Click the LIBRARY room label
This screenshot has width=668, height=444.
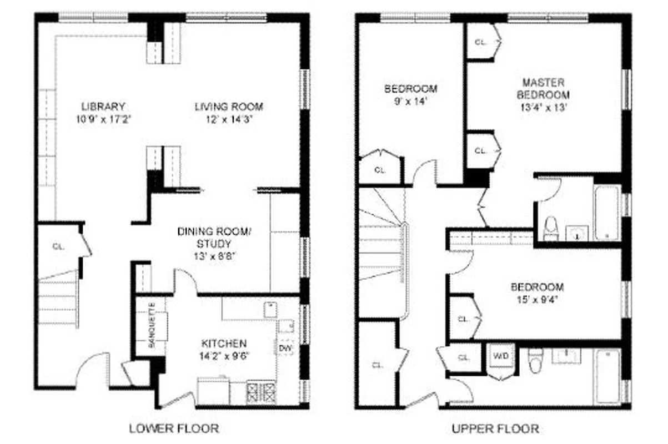point(103,106)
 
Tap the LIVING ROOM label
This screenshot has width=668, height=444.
point(228,106)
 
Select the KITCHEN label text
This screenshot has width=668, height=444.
point(224,344)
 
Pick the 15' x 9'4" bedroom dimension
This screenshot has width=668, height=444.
point(536,301)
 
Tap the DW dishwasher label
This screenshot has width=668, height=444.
point(286,348)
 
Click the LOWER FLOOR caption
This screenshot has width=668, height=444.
point(174,428)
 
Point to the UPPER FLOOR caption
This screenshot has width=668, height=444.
point(495,428)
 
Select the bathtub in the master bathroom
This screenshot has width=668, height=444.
point(607,212)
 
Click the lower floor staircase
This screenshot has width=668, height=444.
point(58,300)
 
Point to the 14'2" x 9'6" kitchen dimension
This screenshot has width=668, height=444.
point(224,357)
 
